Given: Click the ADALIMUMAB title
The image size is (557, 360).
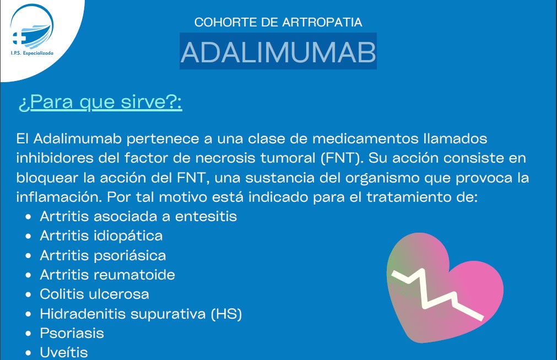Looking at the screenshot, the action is [278, 52].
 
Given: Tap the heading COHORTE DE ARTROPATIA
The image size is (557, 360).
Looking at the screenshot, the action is [278, 22].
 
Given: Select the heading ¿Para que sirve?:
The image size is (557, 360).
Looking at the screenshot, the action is [100, 103].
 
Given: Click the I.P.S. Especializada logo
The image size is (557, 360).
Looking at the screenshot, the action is [31, 30].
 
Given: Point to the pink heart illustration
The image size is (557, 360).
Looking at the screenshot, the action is [444, 288].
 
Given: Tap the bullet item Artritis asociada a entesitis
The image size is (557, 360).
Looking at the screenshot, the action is [138, 216].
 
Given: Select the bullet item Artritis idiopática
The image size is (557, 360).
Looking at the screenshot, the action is [101, 235].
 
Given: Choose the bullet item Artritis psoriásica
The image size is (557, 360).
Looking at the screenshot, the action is [102, 255].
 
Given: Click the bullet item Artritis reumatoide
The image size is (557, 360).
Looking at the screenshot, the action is [107, 275].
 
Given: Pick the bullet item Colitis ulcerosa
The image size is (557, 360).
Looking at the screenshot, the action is [94, 294].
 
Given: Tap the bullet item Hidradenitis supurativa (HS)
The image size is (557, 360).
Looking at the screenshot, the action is [140, 314].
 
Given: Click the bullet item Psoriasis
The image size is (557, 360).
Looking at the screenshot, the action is [72, 333].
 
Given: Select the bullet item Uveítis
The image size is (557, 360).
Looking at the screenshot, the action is [63, 352].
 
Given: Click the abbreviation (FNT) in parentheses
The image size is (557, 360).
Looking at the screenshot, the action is [342, 158].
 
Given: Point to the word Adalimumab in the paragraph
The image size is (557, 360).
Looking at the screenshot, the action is [78, 138].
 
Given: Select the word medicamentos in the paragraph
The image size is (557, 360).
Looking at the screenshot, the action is [365, 138].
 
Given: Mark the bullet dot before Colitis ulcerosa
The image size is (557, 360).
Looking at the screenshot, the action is [29, 294].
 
